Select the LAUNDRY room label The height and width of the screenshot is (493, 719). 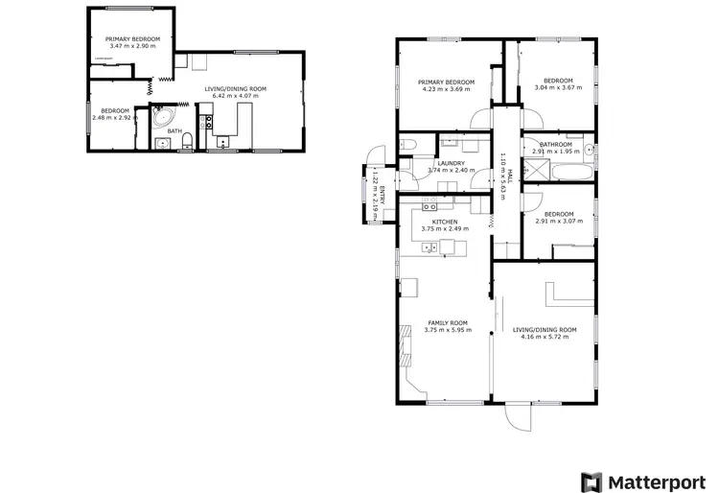click(x=451, y=163)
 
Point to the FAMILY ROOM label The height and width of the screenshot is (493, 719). click(x=447, y=323)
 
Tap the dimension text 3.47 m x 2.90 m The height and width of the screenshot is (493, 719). click(x=132, y=46)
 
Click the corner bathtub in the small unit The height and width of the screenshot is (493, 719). click(x=164, y=121)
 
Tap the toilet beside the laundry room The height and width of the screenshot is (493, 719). click(x=407, y=145)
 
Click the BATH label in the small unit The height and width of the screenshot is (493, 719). click(x=174, y=131)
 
